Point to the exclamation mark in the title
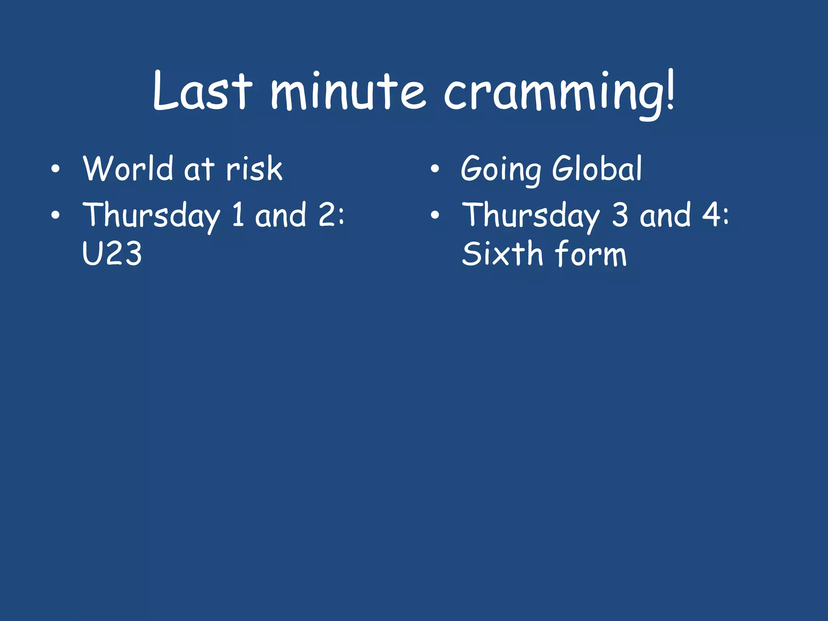coord(670,90)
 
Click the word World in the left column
coord(128,168)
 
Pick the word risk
coord(254,169)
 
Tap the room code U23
coord(112,253)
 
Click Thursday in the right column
coord(531,215)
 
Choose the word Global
coord(597,168)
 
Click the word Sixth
coord(502,253)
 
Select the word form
coord(591,253)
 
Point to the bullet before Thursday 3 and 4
coord(435,215)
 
